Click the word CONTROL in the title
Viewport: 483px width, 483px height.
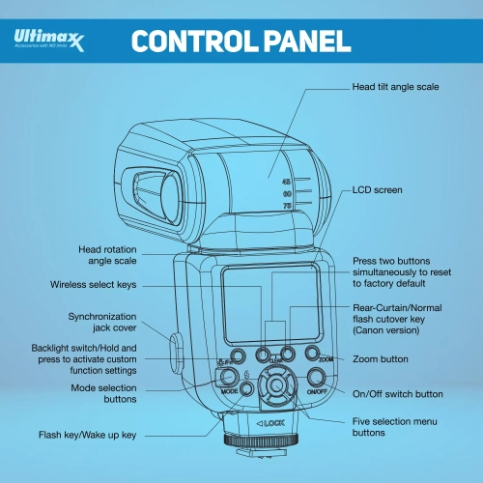point(193,42)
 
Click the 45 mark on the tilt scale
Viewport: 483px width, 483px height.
point(287,181)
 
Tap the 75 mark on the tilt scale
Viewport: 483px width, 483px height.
point(287,206)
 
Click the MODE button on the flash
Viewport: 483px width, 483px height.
point(229,379)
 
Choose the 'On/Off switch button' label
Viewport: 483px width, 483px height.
point(398,394)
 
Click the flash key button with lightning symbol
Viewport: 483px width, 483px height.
point(246,388)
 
